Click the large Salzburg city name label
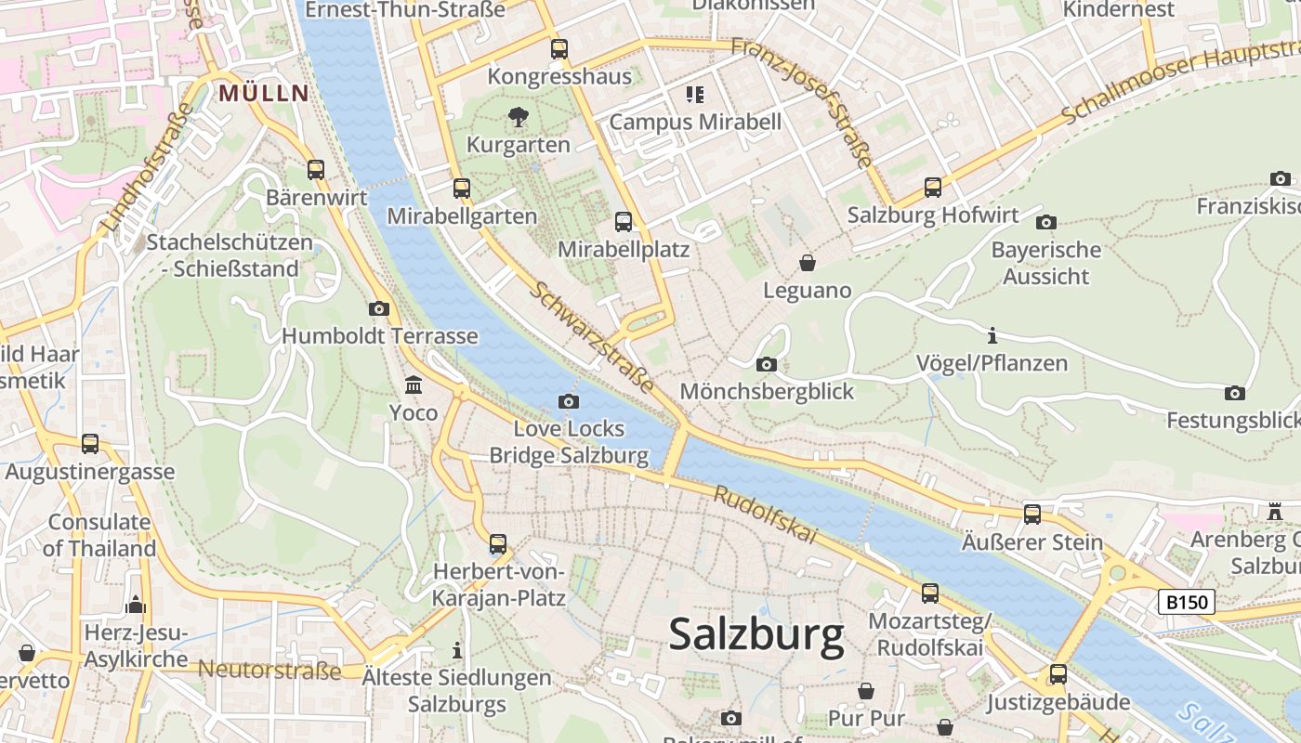click(x=756, y=635)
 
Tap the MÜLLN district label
click(x=263, y=93)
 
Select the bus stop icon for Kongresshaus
click(x=559, y=49)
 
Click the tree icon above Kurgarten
click(x=519, y=117)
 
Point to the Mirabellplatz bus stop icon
click(x=624, y=222)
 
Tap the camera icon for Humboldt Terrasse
click(x=378, y=308)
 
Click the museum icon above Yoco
click(x=414, y=385)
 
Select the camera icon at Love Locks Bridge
click(x=569, y=401)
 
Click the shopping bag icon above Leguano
click(x=808, y=263)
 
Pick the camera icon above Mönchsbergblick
click(x=767, y=364)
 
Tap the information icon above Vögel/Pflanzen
click(x=992, y=335)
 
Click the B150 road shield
click(x=1188, y=602)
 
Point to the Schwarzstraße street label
click(x=592, y=336)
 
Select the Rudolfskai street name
click(x=765, y=515)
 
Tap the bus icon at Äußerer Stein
click(x=1032, y=514)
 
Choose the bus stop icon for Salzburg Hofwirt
click(x=933, y=188)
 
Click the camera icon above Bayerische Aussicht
click(x=1046, y=222)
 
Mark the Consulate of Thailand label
click(x=99, y=535)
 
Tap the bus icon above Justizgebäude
click(x=1058, y=674)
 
